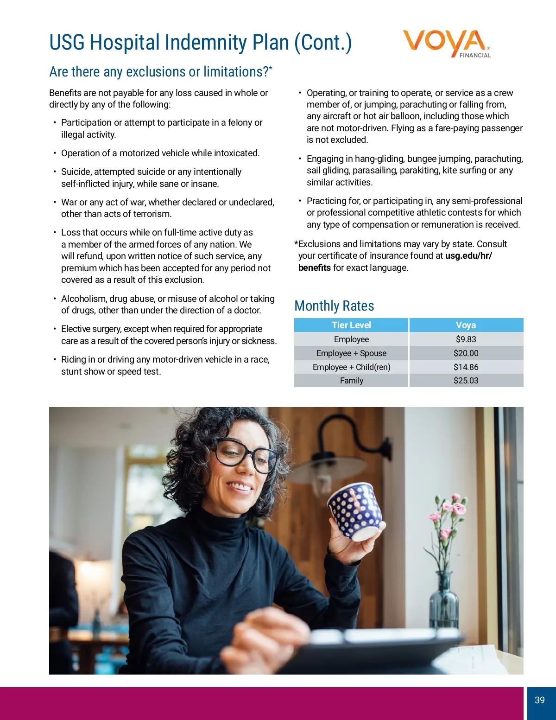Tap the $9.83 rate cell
coord(466,339)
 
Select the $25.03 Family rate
coord(466,381)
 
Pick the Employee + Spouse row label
coord(351,353)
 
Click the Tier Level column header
coord(351,325)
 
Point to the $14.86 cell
coord(466,367)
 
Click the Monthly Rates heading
coord(334,306)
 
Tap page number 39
coord(540,700)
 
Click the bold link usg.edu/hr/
coord(468,256)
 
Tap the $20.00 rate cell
coord(466,353)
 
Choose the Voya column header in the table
coord(466,325)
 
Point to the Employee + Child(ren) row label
coord(351,367)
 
